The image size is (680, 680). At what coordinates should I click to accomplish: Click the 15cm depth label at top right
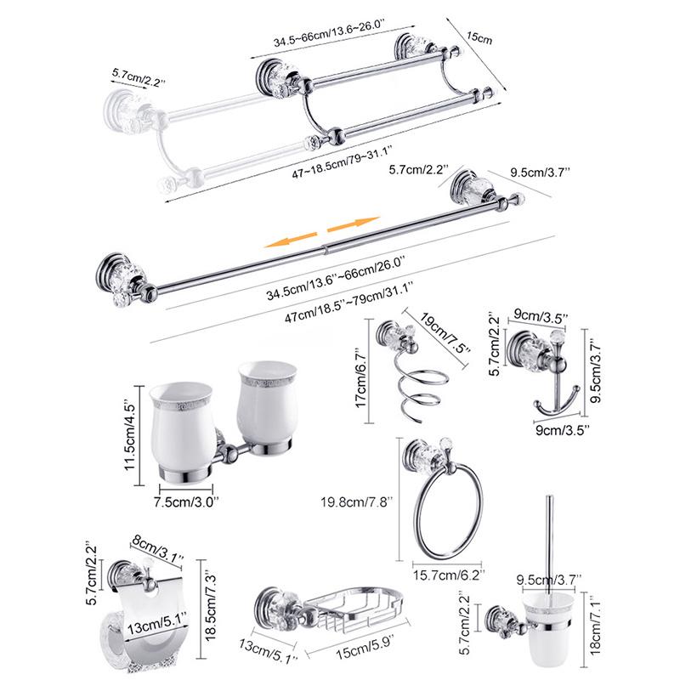pos(480,39)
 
